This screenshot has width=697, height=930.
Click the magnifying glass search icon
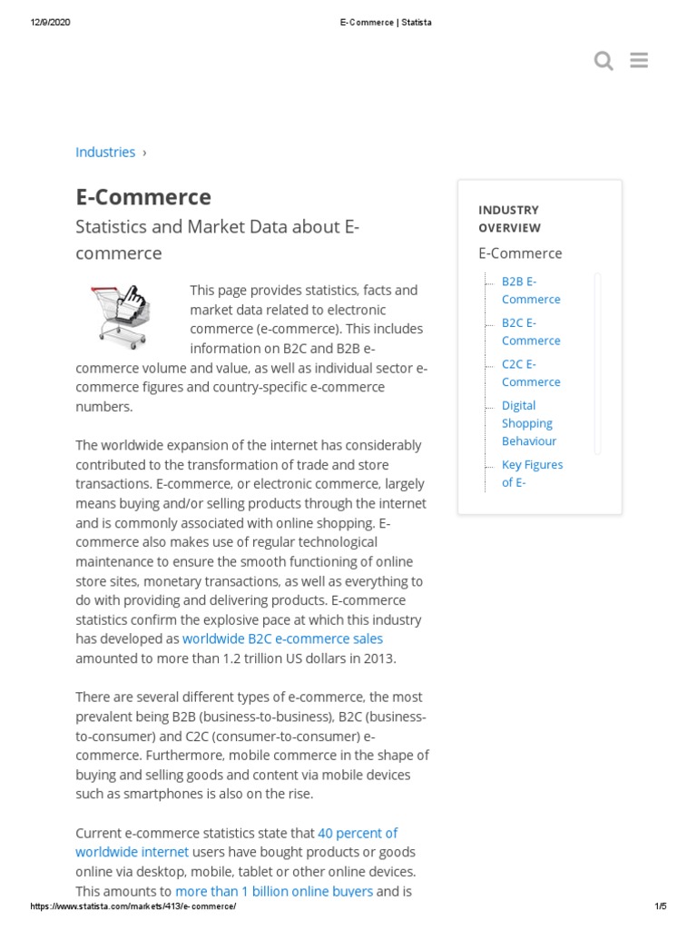click(x=604, y=61)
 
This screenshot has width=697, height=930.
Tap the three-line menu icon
click(x=639, y=61)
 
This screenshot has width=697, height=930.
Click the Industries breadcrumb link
click(x=105, y=152)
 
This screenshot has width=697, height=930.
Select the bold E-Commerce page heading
click(x=143, y=197)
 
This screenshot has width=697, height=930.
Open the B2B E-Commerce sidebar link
click(x=531, y=290)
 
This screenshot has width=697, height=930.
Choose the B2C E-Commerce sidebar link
click(x=531, y=331)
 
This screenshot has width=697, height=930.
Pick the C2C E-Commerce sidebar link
click(x=531, y=372)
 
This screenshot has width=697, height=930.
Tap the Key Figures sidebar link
click(x=532, y=473)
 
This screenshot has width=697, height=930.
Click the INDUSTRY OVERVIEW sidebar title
click(x=509, y=219)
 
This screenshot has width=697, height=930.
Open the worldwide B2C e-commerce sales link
click(x=282, y=638)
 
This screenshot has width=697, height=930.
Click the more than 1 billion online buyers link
click(x=274, y=891)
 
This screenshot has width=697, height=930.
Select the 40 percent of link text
click(x=358, y=833)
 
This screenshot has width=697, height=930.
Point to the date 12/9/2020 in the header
click(x=50, y=23)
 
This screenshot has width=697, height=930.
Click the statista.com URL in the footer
click(x=133, y=906)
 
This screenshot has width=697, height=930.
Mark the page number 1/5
click(x=660, y=906)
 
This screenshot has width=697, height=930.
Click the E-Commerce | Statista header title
click(x=379, y=23)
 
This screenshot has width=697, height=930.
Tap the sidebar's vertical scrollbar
click(x=597, y=362)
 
